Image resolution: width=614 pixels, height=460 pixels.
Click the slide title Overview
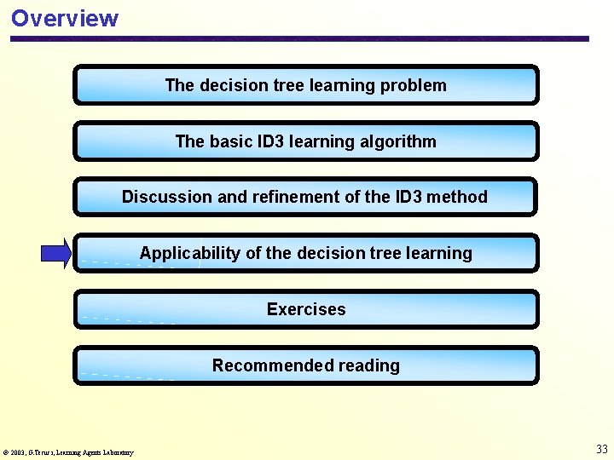click(65, 18)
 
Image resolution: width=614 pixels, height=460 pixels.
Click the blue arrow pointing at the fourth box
click(56, 253)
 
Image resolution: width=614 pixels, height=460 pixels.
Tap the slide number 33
click(602, 449)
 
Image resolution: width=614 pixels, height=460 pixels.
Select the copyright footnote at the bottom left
click(68, 452)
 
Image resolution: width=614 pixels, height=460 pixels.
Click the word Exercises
click(306, 309)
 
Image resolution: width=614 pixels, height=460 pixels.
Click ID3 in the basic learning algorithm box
click(272, 141)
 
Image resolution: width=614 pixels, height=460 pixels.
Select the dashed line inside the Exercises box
click(128, 319)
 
